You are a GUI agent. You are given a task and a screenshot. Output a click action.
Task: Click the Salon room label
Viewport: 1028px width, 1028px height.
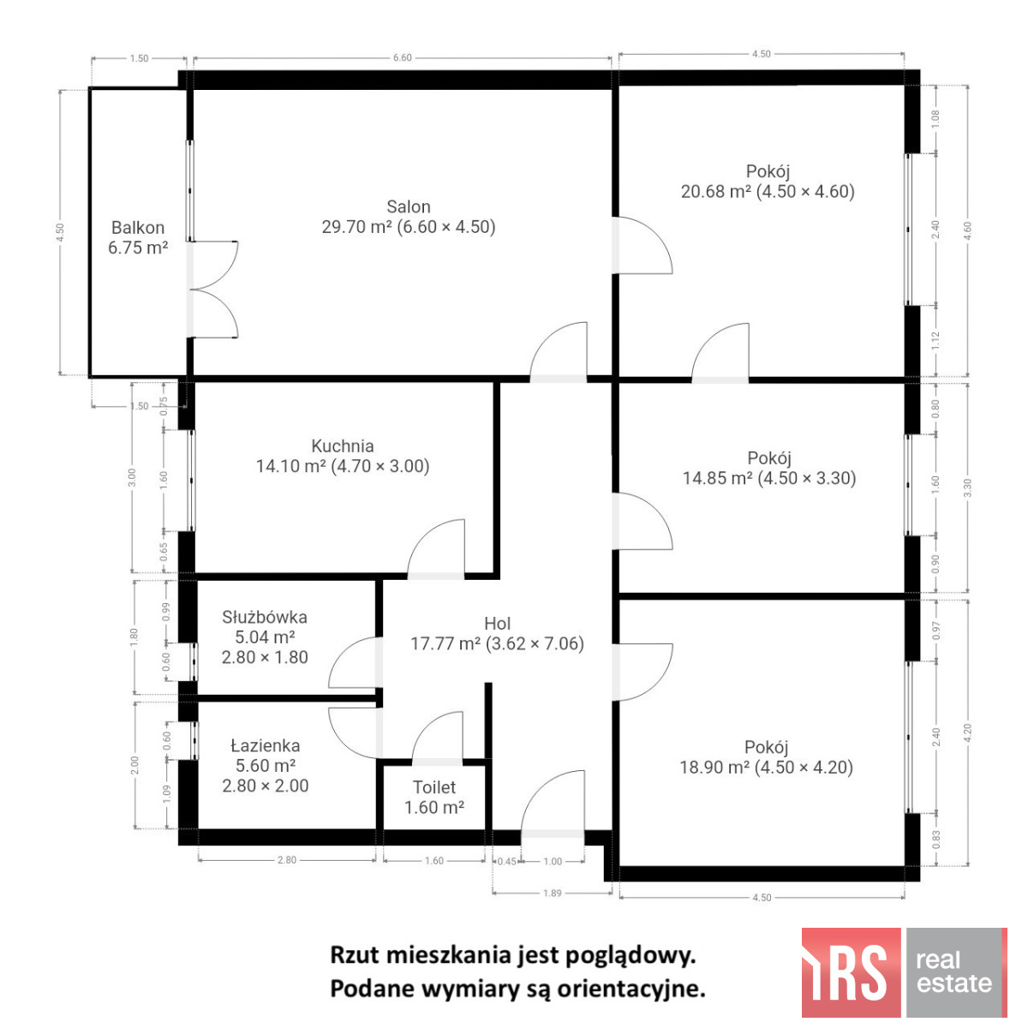408,206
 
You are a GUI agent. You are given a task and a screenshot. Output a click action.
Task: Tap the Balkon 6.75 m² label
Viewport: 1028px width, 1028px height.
138,238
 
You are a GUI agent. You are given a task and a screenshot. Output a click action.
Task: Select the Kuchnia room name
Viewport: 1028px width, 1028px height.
343,446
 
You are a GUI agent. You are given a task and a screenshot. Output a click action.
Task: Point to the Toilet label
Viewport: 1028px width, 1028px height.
434,787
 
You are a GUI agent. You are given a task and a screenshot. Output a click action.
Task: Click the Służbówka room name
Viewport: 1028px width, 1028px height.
265,617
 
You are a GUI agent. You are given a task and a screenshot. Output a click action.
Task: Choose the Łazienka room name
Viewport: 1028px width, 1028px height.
265,746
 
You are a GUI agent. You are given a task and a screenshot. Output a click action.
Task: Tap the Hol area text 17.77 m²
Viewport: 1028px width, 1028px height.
445,644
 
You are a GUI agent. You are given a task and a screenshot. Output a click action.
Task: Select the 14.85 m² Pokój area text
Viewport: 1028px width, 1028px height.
718,478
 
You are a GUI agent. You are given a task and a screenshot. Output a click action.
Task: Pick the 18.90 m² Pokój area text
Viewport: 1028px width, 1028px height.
714,768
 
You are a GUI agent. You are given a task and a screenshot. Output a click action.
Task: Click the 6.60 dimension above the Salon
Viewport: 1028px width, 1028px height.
403,57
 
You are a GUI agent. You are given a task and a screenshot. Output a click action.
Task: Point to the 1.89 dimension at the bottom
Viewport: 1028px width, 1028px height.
553,893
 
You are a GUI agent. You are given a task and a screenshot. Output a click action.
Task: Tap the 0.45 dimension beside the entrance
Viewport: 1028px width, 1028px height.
506,862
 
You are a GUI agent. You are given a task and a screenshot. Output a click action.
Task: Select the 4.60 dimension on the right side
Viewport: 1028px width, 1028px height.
968,230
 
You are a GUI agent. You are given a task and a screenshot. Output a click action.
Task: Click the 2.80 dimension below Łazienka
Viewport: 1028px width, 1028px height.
286,860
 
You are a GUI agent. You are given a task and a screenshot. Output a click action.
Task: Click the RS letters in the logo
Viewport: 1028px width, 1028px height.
851,972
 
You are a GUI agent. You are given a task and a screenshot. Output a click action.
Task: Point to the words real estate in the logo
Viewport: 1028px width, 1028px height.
954,972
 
